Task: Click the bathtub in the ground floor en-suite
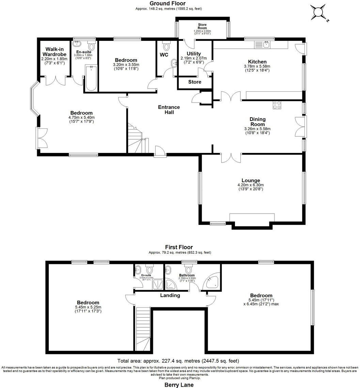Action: (91, 78)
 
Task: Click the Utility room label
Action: (194, 53)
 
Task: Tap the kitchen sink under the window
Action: (262, 44)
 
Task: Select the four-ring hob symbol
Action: (277, 105)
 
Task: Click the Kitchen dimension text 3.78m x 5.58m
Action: (257, 66)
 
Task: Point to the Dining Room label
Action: (257, 122)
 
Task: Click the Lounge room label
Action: (251, 180)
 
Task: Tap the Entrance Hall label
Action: (169, 109)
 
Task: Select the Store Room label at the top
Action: (202, 27)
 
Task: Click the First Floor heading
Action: (179, 247)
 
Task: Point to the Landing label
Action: (170, 295)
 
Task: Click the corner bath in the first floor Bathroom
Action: (211, 282)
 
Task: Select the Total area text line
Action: (178, 361)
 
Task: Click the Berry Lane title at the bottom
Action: (179, 385)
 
